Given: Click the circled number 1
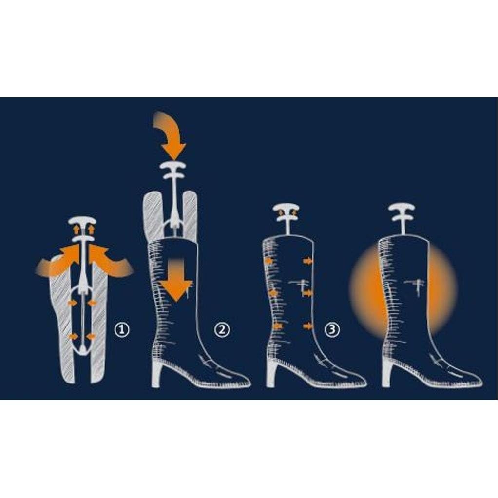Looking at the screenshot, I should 121,330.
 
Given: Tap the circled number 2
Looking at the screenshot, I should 222,330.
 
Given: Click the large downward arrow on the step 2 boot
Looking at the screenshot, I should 176,280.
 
